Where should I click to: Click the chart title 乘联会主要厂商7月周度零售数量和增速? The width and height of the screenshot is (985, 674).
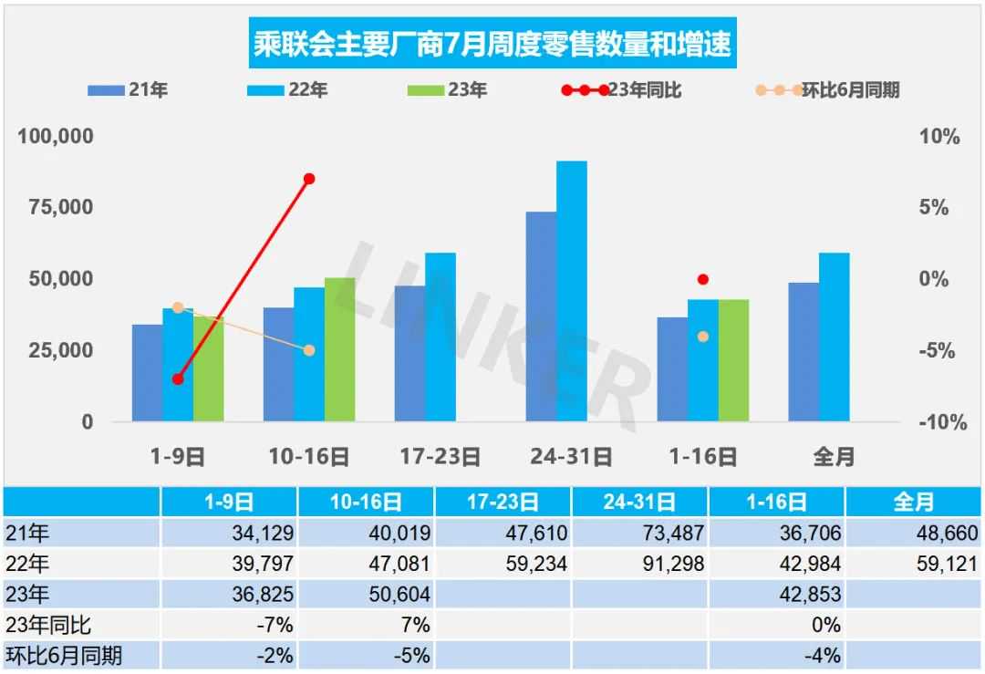(x=493, y=45)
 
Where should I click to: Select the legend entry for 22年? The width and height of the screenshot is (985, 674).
(x=287, y=90)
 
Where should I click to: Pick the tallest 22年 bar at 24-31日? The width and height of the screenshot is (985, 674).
(x=572, y=291)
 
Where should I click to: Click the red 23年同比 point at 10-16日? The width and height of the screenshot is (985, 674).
(x=309, y=179)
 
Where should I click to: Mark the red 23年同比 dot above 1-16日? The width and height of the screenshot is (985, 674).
(x=702, y=279)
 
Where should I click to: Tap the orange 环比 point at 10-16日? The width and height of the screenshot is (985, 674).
(x=309, y=350)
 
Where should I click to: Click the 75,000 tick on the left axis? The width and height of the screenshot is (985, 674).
(x=56, y=207)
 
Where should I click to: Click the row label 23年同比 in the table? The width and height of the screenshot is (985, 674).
(x=49, y=626)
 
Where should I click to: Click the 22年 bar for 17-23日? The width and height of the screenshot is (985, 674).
(x=441, y=337)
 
